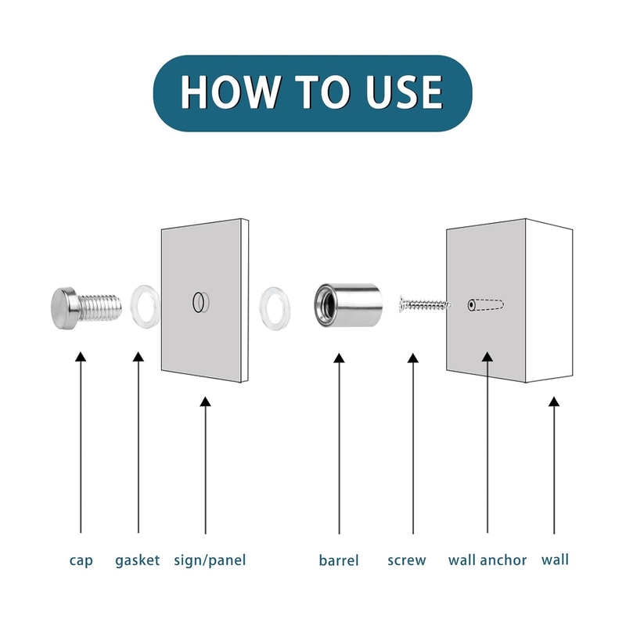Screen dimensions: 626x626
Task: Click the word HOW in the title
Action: pyautogui.click(x=229, y=92)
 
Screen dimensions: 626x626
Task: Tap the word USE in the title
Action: pyautogui.click(x=404, y=92)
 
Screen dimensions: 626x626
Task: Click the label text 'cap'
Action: pyautogui.click(x=81, y=560)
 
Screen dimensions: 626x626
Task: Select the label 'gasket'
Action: pyautogui.click(x=138, y=561)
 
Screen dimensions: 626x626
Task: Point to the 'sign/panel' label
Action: pyautogui.click(x=210, y=560)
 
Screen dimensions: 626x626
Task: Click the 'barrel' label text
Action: pyautogui.click(x=339, y=560)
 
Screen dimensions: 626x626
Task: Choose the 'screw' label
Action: pyautogui.click(x=407, y=560)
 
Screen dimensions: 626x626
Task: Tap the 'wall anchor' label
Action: pyautogui.click(x=487, y=560)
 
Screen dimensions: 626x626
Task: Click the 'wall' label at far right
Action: pyautogui.click(x=555, y=559)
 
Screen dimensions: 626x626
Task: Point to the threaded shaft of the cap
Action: pyautogui.click(x=99, y=308)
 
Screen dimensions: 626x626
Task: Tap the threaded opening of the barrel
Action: pyautogui.click(x=325, y=305)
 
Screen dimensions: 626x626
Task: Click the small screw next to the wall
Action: pyautogui.click(x=425, y=304)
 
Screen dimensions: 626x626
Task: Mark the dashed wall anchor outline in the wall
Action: pyautogui.click(x=486, y=305)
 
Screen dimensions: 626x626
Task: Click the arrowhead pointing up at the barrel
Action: pyautogui.click(x=339, y=358)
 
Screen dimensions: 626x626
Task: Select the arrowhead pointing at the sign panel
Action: pyautogui.click(x=205, y=401)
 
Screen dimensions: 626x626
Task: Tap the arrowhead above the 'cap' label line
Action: pyautogui.click(x=81, y=357)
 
